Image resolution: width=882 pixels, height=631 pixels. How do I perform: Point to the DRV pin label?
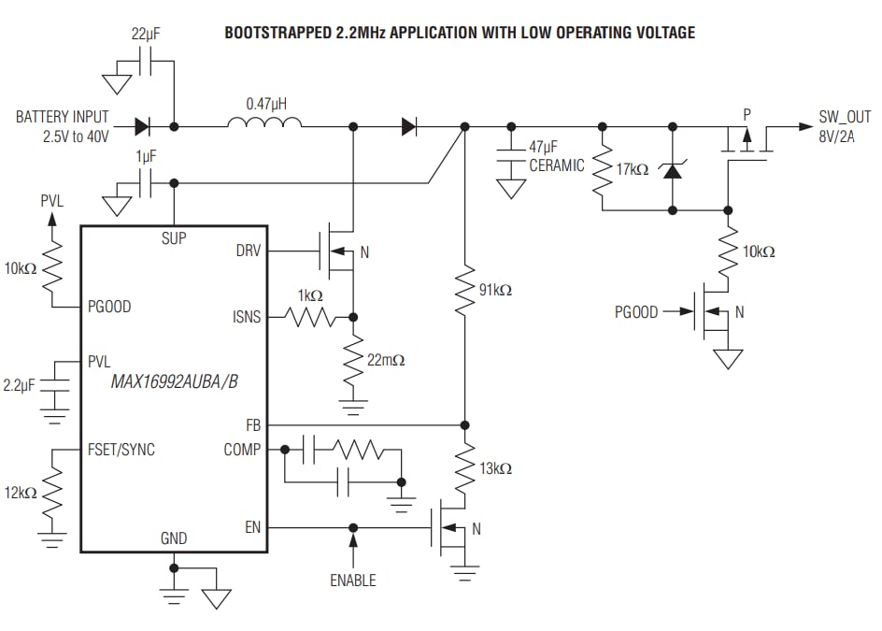(249, 251)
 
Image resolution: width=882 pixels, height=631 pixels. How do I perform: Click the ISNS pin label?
(247, 318)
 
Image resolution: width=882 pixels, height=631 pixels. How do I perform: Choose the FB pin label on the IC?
(253, 423)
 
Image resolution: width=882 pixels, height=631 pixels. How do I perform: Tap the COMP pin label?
(242, 450)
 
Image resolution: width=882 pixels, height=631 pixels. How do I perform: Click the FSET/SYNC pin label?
(121, 450)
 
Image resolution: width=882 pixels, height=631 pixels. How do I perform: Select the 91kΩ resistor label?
(495, 291)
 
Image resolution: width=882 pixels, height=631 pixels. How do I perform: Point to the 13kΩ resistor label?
(495, 468)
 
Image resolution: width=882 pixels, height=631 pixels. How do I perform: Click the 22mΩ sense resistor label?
(386, 359)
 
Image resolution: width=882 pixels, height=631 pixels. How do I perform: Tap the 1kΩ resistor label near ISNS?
(309, 295)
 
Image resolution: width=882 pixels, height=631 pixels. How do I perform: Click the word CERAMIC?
(557, 165)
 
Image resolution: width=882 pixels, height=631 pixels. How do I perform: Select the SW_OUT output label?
(845, 118)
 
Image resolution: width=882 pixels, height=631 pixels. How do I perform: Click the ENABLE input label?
(353, 581)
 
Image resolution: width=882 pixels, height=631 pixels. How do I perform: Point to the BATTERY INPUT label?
(62, 117)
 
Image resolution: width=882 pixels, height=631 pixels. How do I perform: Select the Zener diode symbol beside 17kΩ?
(672, 170)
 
